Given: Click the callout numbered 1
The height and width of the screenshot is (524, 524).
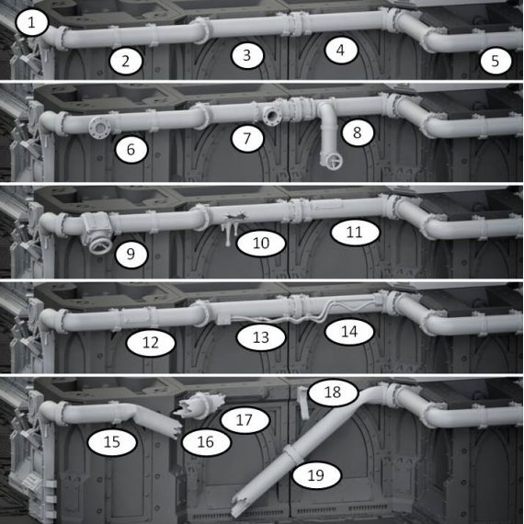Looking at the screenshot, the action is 31,23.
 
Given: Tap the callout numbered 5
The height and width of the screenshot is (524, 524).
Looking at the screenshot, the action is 496,61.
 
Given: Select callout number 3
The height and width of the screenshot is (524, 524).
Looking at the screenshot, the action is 247,55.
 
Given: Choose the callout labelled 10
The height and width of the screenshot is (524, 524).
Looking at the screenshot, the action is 261,243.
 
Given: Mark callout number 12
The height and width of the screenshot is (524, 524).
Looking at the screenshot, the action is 151,342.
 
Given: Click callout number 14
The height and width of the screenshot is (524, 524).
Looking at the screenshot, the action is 349,332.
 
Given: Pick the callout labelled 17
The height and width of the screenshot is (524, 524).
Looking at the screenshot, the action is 245,420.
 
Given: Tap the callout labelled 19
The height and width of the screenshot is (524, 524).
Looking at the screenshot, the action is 316,474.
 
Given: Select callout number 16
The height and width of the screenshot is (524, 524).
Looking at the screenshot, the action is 206,442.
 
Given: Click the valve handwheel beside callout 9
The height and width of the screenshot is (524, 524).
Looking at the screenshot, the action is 100,245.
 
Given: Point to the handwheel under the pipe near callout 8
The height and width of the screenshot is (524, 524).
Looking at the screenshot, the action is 331,161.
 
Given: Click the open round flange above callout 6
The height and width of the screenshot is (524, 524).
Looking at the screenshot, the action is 99,128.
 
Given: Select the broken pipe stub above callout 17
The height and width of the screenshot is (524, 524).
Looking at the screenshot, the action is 199,405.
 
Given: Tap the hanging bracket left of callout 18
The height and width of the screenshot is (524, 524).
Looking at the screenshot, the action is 303,403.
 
